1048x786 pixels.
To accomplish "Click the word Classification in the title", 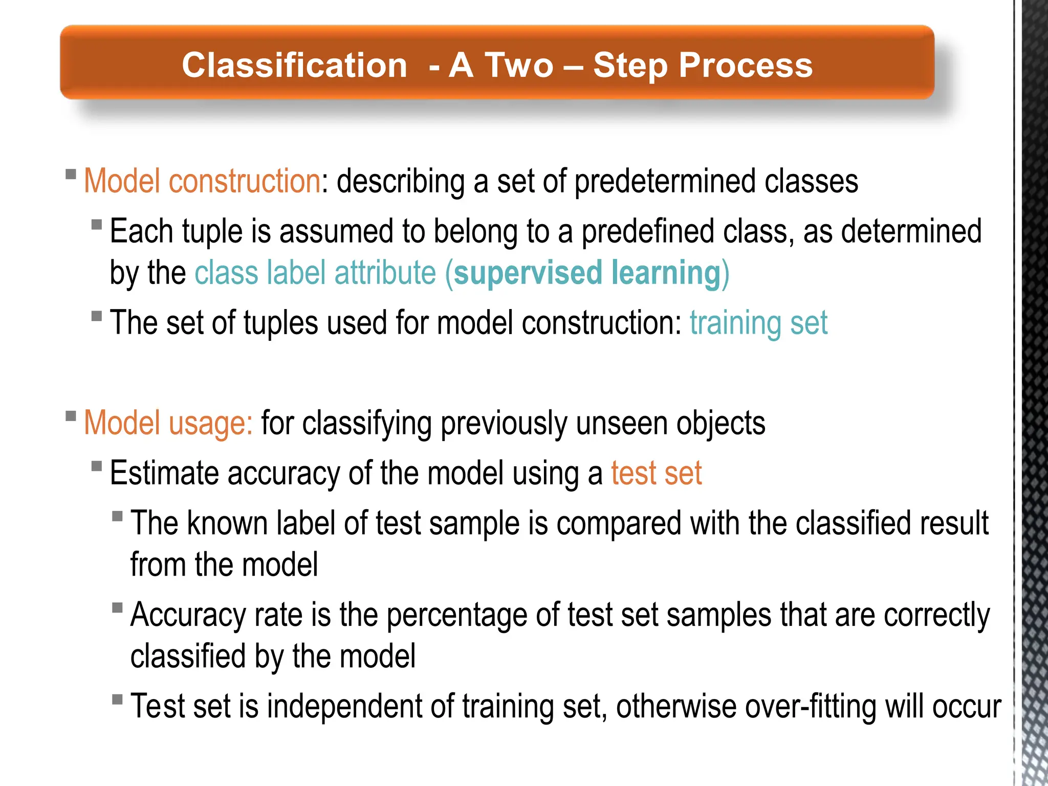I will (x=294, y=65).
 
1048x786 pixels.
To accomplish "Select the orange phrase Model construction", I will (x=202, y=181).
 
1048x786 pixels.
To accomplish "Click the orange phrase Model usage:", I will (x=168, y=423).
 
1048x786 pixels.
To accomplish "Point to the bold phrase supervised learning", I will (x=587, y=272).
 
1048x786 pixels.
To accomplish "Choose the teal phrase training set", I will (x=758, y=323).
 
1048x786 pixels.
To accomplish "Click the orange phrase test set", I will (x=656, y=473).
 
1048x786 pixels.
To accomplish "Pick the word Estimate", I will (x=164, y=473).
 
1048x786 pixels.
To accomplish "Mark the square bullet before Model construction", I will (x=71, y=174).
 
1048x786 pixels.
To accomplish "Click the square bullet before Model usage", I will (x=71, y=416).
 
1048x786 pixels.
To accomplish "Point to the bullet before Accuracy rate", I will (x=117, y=607).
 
